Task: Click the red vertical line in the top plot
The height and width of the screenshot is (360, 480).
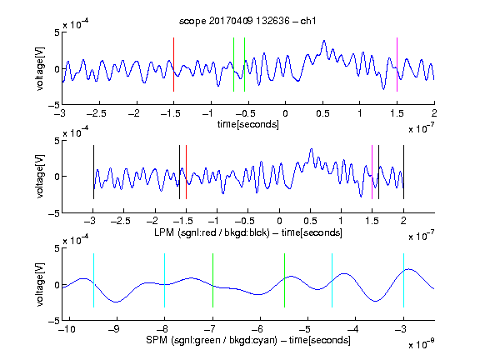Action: tap(173, 65)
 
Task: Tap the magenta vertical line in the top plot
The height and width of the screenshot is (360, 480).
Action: tap(397, 65)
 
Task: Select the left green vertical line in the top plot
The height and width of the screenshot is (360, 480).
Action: tap(233, 65)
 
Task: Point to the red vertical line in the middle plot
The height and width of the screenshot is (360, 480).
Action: tap(186, 172)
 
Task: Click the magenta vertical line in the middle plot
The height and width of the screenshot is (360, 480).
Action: tap(372, 172)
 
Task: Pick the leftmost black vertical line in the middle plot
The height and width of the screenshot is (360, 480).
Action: tap(93, 172)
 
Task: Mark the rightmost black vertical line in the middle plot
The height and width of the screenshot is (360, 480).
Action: tap(403, 172)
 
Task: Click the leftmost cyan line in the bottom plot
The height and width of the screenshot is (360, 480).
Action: tap(93, 280)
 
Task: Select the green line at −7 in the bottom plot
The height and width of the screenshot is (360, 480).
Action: tap(212, 280)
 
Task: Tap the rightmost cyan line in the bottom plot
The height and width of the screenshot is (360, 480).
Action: tap(403, 280)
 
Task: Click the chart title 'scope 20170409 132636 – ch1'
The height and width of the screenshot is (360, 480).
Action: tap(247, 21)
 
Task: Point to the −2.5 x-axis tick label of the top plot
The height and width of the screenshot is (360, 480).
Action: tap(96, 113)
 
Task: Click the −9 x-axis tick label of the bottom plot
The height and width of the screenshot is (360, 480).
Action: tap(114, 329)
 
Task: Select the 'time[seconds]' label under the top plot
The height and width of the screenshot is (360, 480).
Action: tap(248, 124)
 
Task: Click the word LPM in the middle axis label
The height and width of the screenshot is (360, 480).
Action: tap(164, 232)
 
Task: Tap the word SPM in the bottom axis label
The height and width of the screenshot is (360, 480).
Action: tap(157, 340)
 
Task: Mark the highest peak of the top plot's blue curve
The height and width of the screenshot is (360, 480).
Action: tap(324, 40)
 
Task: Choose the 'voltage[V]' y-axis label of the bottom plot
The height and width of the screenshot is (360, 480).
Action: tap(40, 284)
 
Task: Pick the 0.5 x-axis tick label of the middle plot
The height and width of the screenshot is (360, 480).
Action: tap(310, 221)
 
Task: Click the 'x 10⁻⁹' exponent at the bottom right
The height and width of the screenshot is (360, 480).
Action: tap(421, 344)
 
